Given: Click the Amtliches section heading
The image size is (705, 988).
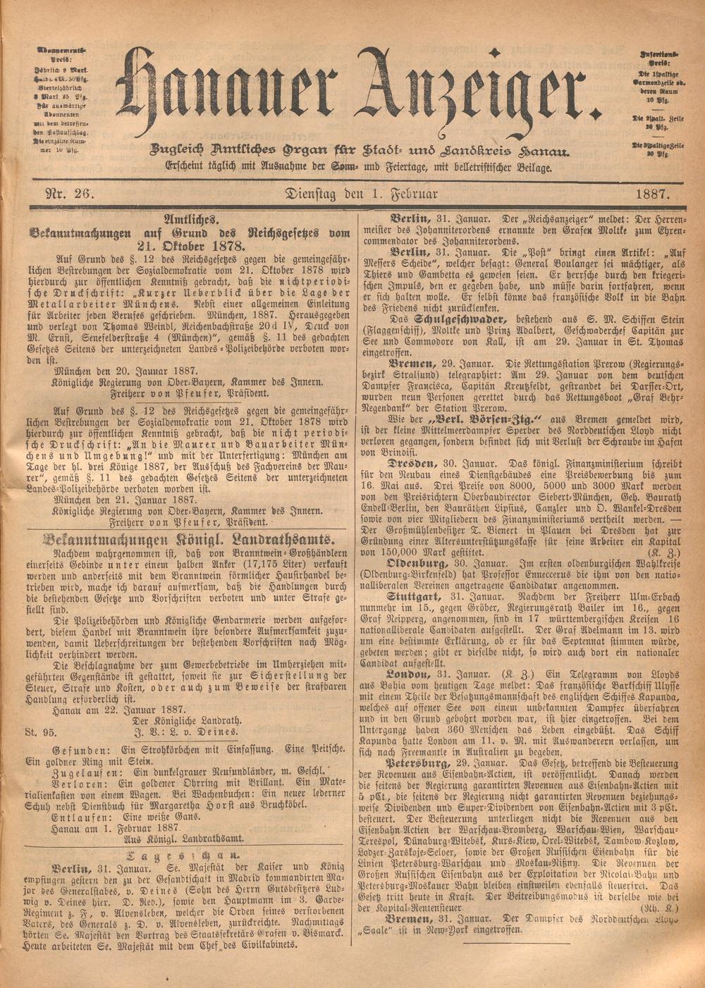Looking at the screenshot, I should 190,219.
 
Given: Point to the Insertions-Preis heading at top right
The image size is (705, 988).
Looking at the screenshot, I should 660,59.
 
